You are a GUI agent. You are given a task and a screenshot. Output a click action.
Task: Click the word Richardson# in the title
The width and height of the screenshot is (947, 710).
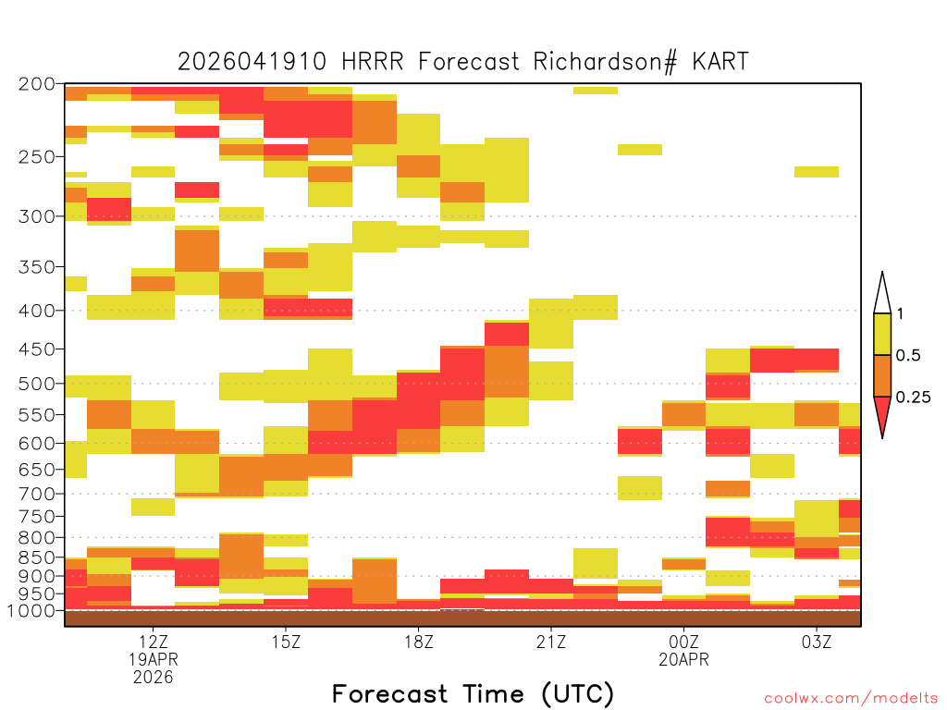coord(605,62)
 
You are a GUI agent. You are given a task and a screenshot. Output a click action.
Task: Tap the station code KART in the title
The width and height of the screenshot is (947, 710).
coord(720,62)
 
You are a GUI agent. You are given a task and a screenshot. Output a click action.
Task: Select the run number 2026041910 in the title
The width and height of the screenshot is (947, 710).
coord(252,62)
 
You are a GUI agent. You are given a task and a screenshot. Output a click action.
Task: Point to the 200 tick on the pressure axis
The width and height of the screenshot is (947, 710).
coord(37,84)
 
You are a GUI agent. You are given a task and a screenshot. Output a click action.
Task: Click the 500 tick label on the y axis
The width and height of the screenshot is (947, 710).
coord(37,384)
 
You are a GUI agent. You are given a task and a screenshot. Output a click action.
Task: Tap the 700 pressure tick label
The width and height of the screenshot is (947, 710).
coord(37,494)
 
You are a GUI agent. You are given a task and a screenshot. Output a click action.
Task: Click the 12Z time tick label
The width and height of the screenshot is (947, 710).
coord(154,642)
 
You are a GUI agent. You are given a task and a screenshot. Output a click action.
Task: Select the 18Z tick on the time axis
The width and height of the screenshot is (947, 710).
coord(419,642)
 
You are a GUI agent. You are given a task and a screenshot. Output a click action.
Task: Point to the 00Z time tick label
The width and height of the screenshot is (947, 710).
coord(683,642)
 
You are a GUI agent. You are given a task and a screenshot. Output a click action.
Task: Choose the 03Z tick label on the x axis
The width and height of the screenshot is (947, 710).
coord(817,642)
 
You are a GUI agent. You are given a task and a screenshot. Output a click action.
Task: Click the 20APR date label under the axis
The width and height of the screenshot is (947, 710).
coord(683,659)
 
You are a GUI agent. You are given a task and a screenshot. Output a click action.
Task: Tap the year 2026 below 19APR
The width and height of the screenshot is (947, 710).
coord(154,677)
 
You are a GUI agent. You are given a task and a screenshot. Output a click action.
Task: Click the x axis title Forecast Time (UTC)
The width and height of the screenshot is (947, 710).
coord(473,694)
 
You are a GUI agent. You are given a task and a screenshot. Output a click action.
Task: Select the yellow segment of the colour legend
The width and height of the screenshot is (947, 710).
coord(882,334)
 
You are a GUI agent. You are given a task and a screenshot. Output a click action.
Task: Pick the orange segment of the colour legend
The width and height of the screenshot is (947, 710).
coord(882,375)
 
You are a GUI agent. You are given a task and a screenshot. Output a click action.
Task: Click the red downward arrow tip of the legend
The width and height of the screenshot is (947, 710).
coord(882,437)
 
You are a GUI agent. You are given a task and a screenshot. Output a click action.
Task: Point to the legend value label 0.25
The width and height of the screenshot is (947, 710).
coord(913,398)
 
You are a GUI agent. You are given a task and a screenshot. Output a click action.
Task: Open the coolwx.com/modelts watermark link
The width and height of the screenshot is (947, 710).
coord(851,699)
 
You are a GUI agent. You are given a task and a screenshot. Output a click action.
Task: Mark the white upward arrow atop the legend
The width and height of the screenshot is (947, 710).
coord(882,293)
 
